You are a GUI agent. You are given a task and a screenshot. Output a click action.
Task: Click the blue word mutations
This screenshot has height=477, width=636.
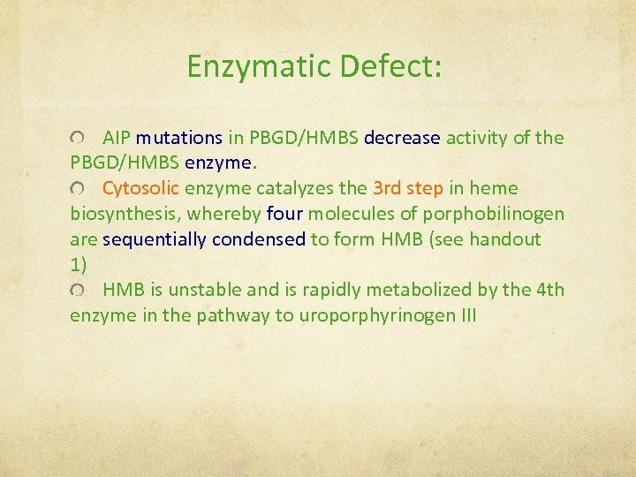point(179,138)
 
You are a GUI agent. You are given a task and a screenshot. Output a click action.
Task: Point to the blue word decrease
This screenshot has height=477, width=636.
point(402,138)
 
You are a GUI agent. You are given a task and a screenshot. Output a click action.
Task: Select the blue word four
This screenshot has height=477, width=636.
point(284,214)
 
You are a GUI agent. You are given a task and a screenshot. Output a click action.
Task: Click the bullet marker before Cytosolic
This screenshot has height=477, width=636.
point(78,189)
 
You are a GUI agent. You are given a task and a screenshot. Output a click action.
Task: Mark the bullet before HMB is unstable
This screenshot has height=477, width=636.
point(78,291)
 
